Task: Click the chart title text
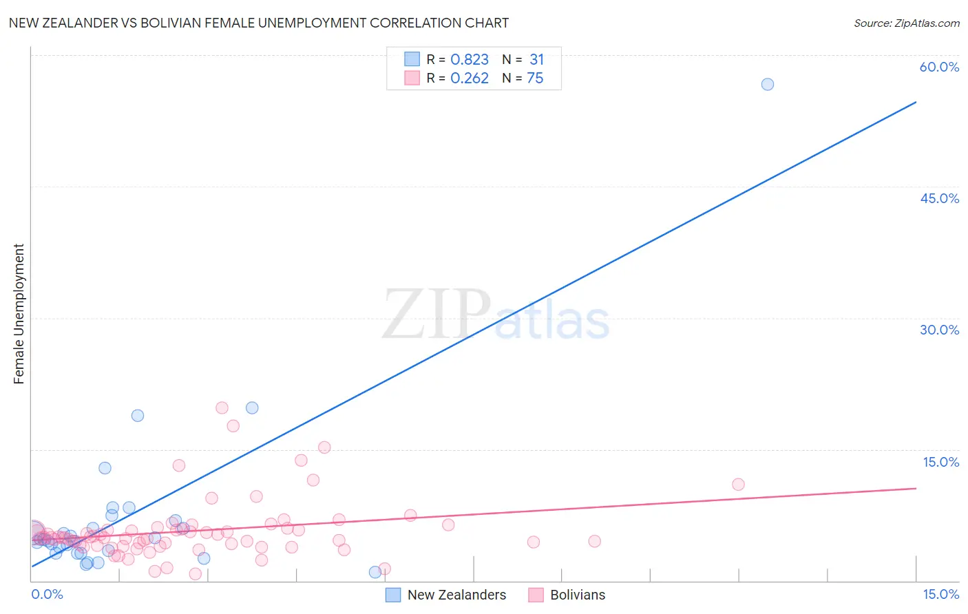pyautogui.click(x=259, y=23)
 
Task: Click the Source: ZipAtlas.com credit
pyautogui.click(x=906, y=23)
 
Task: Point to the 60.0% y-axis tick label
pyautogui.click(x=939, y=67)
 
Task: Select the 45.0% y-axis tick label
pyautogui.click(x=939, y=198)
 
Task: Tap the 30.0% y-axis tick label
pyautogui.click(x=939, y=330)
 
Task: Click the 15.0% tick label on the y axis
pyautogui.click(x=940, y=462)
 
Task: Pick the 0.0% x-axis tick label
pyautogui.click(x=47, y=594)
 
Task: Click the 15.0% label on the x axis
pyautogui.click(x=940, y=594)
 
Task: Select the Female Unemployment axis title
pyautogui.click(x=19, y=314)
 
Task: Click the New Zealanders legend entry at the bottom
pyautogui.click(x=456, y=595)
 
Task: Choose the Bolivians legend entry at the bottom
pyautogui.click(x=578, y=595)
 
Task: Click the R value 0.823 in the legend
pyautogui.click(x=469, y=60)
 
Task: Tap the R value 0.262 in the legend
pyautogui.click(x=469, y=78)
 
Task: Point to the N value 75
pyautogui.click(x=535, y=78)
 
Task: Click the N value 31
pyautogui.click(x=536, y=60)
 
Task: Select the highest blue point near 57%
pyautogui.click(x=767, y=84)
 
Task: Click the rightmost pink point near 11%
pyautogui.click(x=738, y=485)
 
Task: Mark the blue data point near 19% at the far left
pyautogui.click(x=138, y=416)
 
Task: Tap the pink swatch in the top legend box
pyautogui.click(x=412, y=78)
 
